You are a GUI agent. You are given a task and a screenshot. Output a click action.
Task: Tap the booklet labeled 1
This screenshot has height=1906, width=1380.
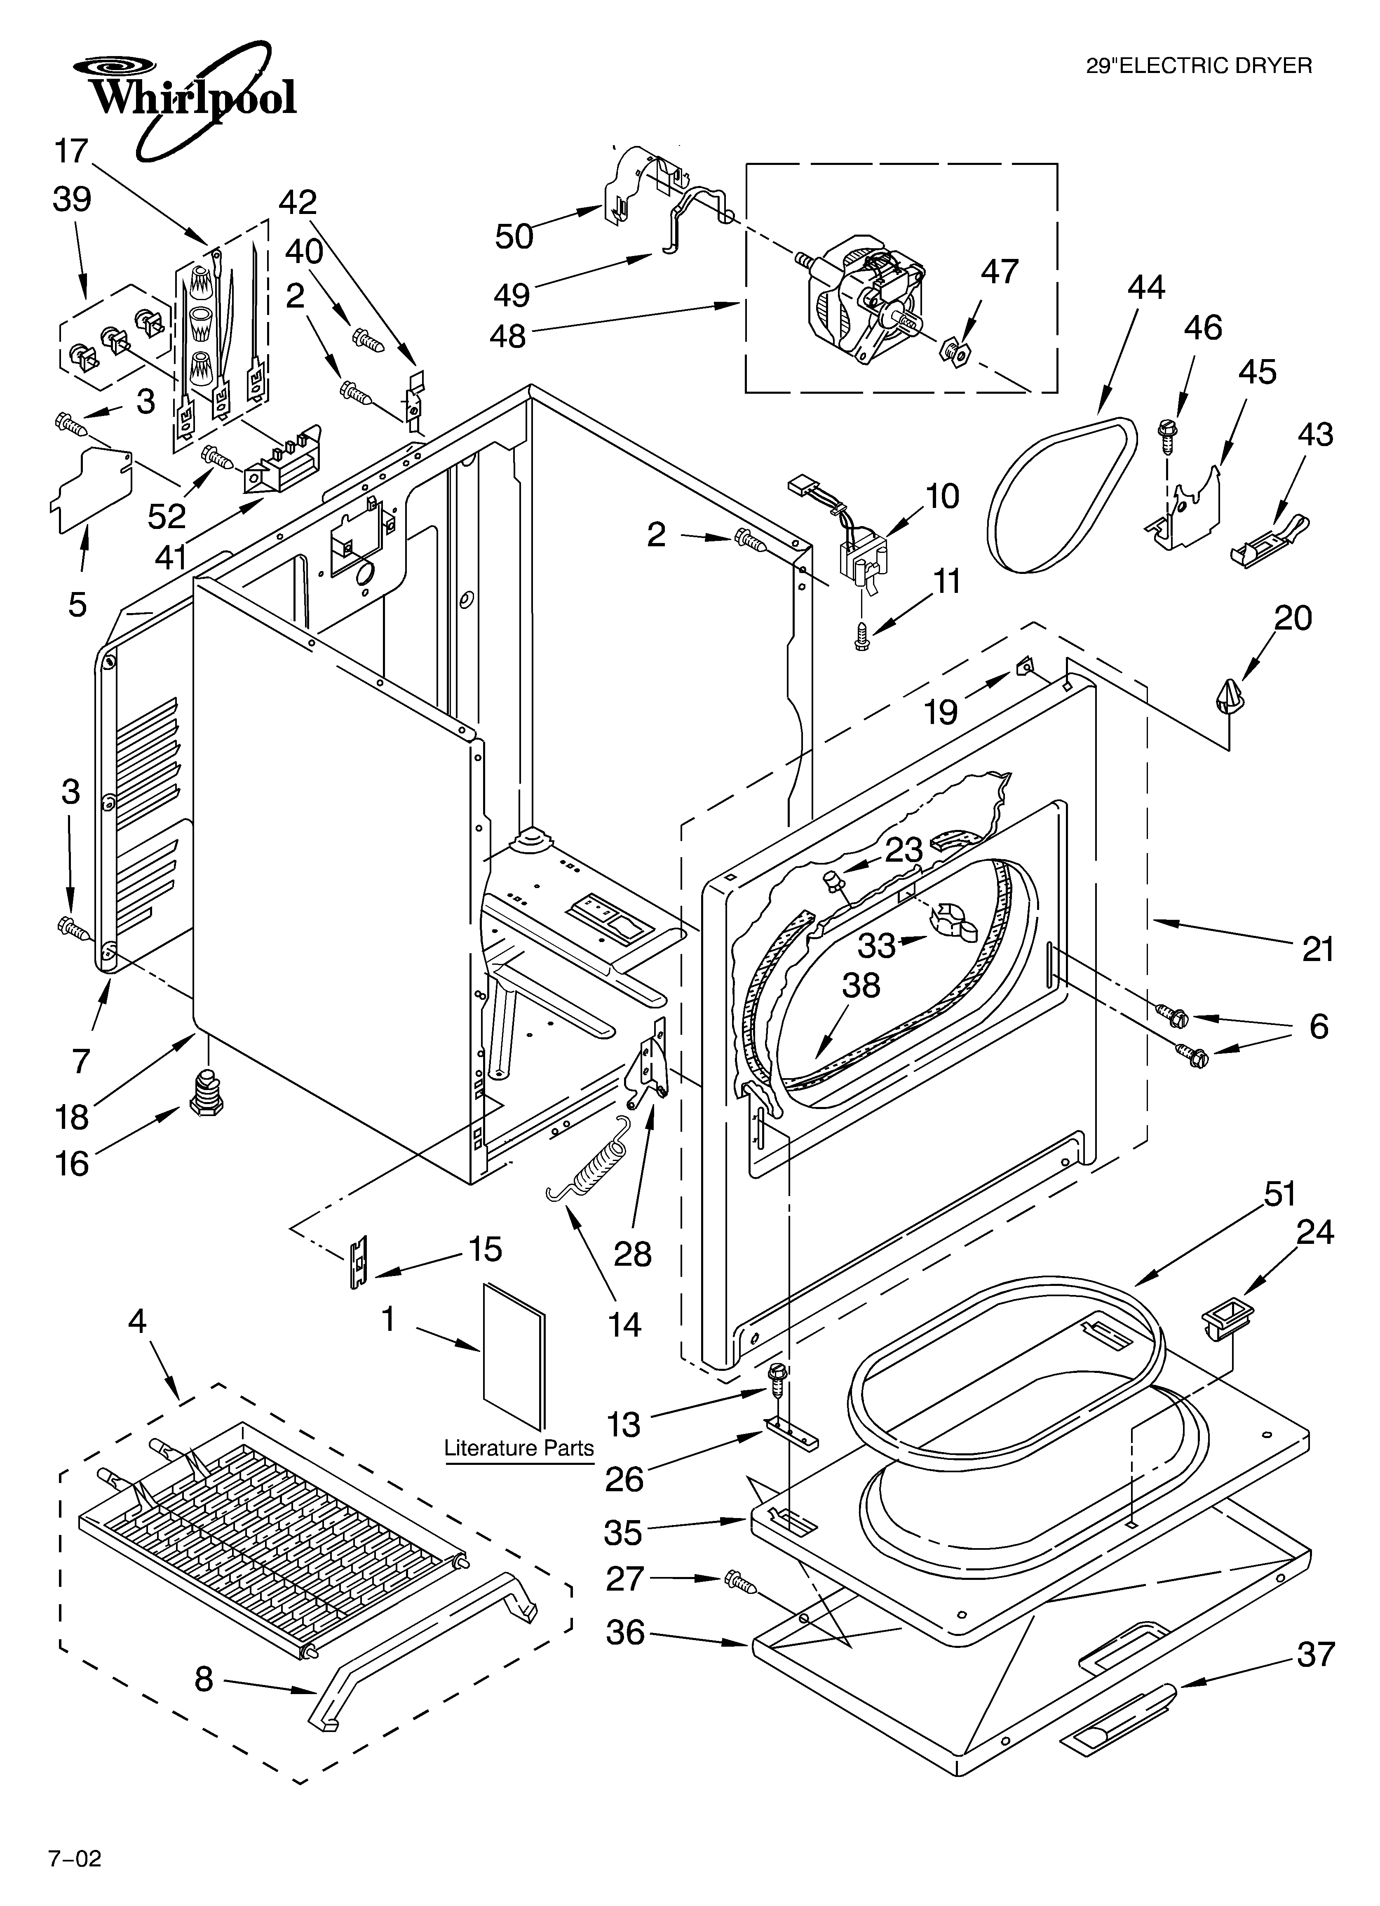514,1355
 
